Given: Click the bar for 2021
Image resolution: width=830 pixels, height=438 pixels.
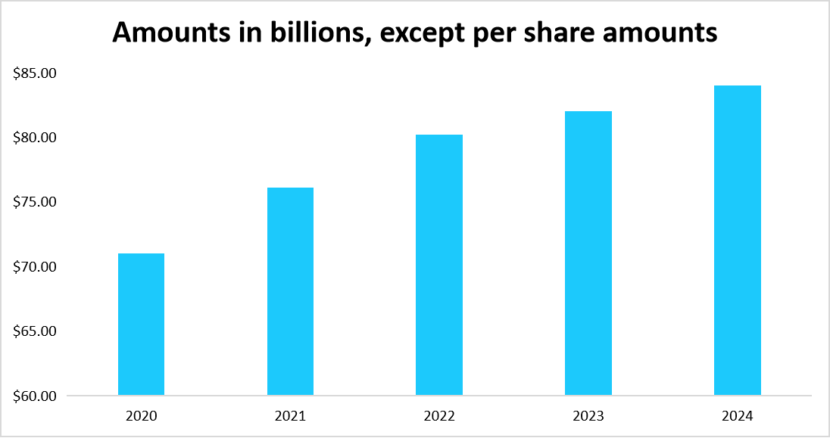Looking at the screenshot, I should coord(290,291).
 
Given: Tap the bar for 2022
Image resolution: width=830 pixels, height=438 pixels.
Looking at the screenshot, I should coord(439,265).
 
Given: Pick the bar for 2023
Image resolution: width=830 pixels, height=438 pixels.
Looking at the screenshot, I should coord(588,253).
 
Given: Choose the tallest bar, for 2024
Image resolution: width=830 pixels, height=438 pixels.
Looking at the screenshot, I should coord(738,241).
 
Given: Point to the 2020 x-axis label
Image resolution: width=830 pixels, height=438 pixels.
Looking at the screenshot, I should coord(142,415).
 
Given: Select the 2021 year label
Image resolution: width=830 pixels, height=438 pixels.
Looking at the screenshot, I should coord(290,415).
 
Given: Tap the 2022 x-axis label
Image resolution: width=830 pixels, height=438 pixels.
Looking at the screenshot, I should coord(439,415).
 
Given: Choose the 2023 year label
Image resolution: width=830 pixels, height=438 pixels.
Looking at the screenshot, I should coord(588,415).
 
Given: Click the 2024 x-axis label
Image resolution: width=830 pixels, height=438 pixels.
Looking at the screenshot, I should coord(738,415).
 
